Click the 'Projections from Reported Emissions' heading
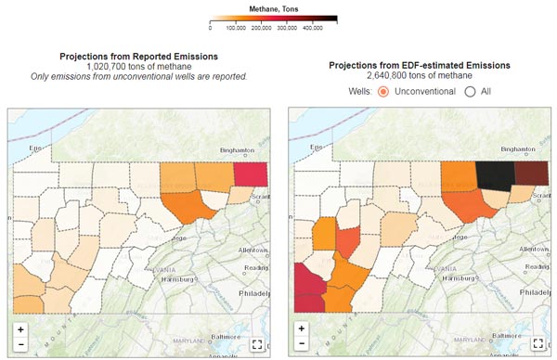click(138, 57)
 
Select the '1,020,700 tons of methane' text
click(138, 67)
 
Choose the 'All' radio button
click(470, 92)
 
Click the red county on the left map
click(251, 174)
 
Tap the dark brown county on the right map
click(532, 174)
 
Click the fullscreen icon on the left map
click(257, 344)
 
